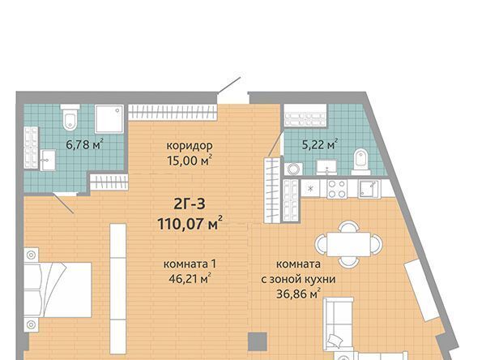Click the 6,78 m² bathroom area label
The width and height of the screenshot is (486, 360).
(84, 144)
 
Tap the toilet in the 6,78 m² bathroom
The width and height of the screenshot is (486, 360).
(70, 118)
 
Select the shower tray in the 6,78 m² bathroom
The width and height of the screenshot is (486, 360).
(109, 119)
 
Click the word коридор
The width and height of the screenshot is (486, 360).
(190, 146)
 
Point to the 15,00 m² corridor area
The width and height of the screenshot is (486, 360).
(190, 161)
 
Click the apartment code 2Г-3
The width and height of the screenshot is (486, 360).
(190, 204)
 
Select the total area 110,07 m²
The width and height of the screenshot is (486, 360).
(190, 223)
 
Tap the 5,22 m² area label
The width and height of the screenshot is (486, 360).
(320, 144)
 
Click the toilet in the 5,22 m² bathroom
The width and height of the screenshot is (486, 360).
(360, 161)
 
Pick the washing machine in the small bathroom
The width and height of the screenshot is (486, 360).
(293, 169)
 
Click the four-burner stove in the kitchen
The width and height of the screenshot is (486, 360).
(337, 189)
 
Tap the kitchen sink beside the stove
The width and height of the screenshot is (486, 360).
(369, 189)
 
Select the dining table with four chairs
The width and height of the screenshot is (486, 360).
(348, 244)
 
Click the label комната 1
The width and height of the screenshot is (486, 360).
(190, 264)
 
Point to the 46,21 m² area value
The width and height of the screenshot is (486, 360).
(190, 279)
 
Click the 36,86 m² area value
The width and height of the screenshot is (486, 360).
(298, 294)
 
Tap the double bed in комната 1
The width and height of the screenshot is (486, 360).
(58, 289)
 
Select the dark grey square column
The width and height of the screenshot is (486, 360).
(258, 341)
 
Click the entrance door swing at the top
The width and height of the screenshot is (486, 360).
(229, 85)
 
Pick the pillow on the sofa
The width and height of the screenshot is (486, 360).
(335, 341)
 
